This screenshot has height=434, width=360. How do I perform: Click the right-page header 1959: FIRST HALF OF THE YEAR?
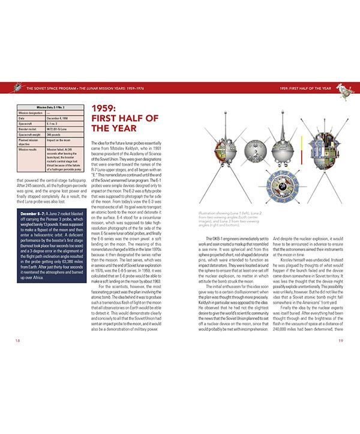point(305,89)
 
